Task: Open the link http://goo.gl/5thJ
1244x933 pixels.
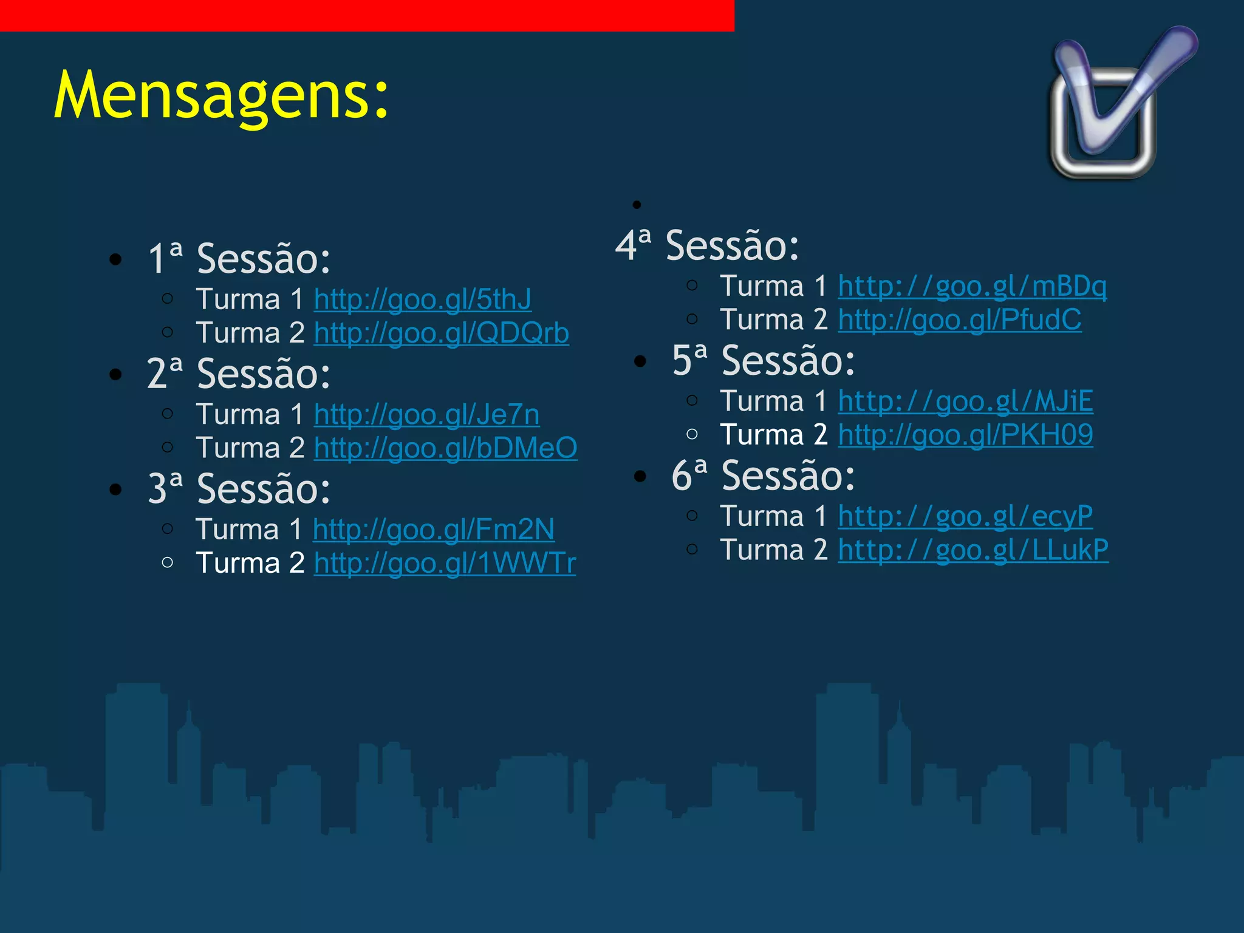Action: [x=423, y=299]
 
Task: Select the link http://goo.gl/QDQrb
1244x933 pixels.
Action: [x=442, y=333]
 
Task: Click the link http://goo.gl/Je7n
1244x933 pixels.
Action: [x=426, y=415]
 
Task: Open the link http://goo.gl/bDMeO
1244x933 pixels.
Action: [x=445, y=448]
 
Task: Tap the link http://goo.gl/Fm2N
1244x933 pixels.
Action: [x=434, y=530]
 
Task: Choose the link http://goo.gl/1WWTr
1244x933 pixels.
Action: [x=445, y=563]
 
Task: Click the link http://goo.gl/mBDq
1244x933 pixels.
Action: [x=972, y=286]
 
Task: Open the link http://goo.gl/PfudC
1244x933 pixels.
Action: [x=960, y=320]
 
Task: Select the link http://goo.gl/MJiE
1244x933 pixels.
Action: [x=965, y=402]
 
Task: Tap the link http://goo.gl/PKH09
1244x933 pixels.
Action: [x=965, y=435]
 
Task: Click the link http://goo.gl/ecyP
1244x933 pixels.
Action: [x=965, y=516]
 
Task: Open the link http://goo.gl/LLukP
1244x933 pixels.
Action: [x=973, y=550]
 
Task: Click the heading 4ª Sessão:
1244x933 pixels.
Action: [x=707, y=246]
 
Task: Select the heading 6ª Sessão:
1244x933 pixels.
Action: [x=763, y=476]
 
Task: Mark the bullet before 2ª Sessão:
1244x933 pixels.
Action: [x=115, y=375]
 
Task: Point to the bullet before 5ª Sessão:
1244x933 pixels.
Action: [x=640, y=361]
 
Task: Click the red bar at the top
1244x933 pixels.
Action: [x=367, y=15]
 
